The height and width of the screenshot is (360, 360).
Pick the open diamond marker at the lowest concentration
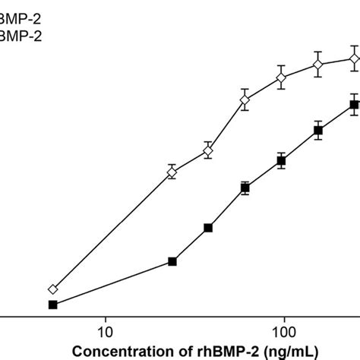click(52, 289)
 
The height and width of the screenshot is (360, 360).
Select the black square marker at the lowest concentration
click(52, 305)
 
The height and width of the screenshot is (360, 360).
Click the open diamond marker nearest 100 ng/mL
click(281, 77)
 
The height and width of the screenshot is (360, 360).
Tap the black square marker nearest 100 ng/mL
click(281, 161)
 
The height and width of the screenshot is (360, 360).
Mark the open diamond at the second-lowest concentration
click(172, 173)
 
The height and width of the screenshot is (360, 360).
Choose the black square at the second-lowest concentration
click(172, 262)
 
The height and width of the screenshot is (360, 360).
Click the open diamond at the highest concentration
click(354, 58)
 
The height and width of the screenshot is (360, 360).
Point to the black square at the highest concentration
click(354, 106)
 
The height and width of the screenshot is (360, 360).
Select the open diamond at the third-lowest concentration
click(208, 151)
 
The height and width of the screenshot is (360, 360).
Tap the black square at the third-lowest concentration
click(208, 227)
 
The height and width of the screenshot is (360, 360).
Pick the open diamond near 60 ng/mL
click(245, 100)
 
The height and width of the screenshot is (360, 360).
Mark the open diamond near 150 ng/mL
click(317, 66)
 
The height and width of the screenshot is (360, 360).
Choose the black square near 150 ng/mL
click(317, 131)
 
